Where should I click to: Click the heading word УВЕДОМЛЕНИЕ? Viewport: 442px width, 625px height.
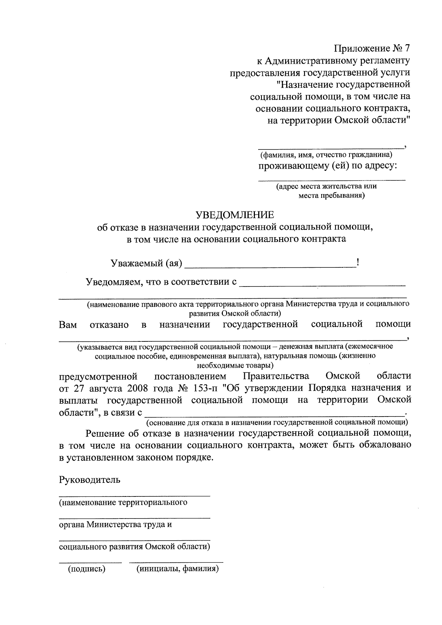tap(235, 214)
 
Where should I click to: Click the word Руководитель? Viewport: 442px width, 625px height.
tap(90, 480)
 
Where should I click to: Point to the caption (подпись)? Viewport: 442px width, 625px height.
tap(87, 569)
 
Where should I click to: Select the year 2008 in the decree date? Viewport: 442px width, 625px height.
tap(139, 388)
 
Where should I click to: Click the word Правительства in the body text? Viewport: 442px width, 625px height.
tap(276, 376)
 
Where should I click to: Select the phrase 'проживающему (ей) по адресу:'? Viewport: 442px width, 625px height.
tap(327, 166)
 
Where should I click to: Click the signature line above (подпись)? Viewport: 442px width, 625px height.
tap(90, 562)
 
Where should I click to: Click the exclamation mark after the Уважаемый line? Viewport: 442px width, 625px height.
tap(358, 262)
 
